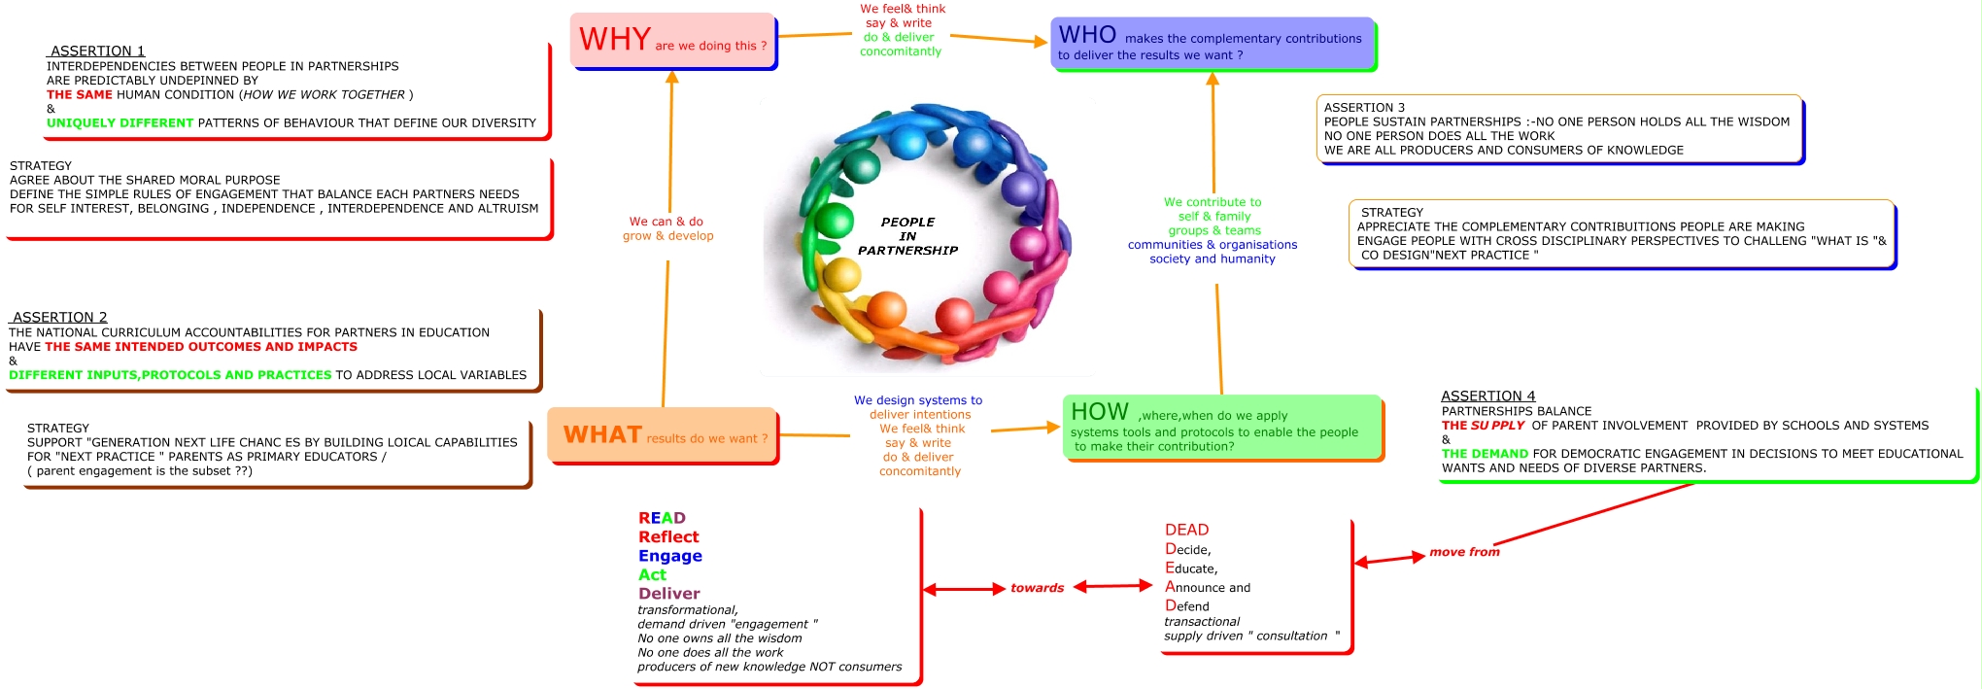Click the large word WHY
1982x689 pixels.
coord(615,40)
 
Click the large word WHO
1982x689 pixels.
coord(1087,35)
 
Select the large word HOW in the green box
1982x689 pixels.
coord(1099,412)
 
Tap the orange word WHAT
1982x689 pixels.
coord(602,435)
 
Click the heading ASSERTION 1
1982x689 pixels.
coord(97,51)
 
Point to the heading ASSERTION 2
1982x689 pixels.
coord(59,317)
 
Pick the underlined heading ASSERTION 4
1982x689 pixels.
coord(1487,396)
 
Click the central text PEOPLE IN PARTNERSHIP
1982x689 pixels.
coord(907,236)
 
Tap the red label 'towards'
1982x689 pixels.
coord(1037,588)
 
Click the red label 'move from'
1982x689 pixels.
coord(1464,552)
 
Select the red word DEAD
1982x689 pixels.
coord(1186,530)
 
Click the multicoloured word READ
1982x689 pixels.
coord(662,518)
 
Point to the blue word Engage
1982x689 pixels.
coord(669,556)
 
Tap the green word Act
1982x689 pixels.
coord(652,574)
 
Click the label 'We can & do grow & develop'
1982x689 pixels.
coord(667,228)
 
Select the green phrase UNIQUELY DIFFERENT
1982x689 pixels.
coord(120,123)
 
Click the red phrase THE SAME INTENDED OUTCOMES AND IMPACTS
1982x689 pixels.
coord(201,347)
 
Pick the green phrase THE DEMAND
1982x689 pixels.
coord(1485,454)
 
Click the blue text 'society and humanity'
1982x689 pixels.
coord(1212,259)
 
